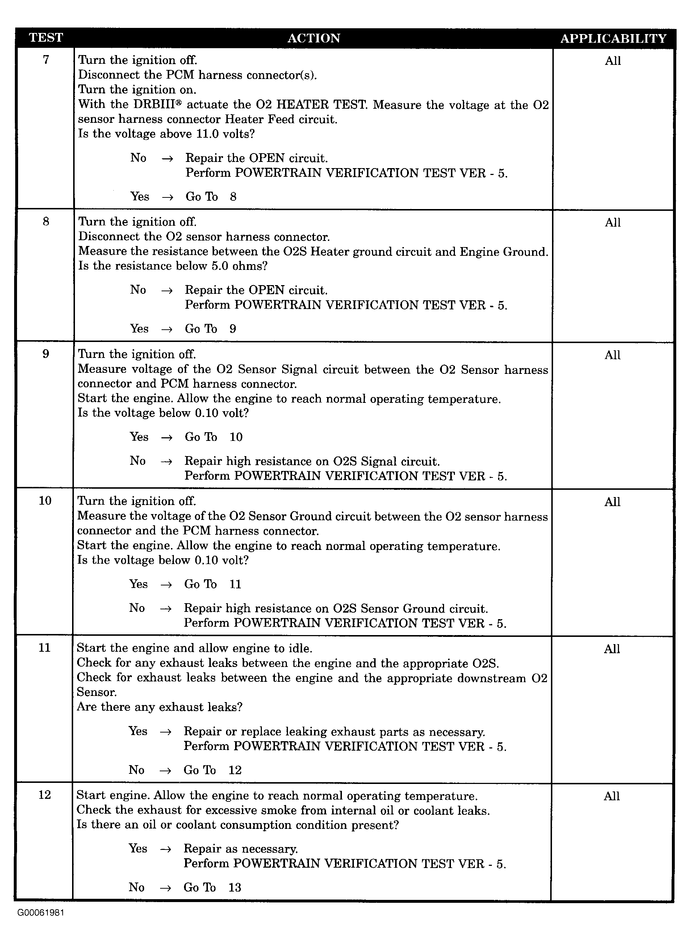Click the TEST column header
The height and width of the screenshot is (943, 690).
click(46, 38)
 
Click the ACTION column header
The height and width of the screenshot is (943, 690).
click(314, 38)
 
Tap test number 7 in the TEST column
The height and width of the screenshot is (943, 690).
click(46, 60)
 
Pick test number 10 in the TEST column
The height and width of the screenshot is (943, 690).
click(45, 501)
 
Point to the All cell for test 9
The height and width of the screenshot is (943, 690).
click(612, 355)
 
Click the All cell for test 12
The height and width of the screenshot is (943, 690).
click(611, 796)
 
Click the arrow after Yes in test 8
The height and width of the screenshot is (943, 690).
click(167, 329)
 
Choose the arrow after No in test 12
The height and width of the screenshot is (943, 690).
click(166, 888)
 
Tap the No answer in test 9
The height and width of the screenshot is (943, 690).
click(137, 460)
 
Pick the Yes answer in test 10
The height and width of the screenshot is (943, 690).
click(138, 584)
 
